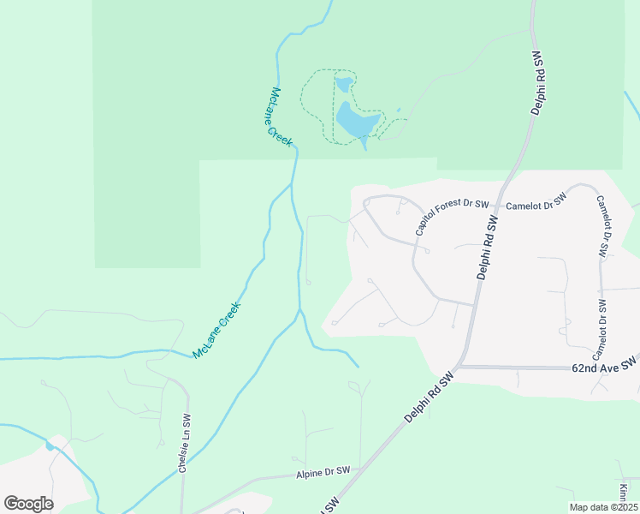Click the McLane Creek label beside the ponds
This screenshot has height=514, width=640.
tap(281, 115)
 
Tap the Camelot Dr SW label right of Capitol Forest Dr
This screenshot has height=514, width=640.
tap(536, 202)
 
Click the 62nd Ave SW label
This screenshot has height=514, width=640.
tap(604, 366)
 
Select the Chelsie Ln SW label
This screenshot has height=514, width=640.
tap(186, 439)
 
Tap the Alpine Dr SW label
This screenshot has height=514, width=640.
tap(323, 472)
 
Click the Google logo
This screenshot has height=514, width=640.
tap(28, 504)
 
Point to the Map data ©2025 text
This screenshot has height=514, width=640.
tap(603, 507)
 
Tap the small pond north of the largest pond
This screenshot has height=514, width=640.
tap(343, 84)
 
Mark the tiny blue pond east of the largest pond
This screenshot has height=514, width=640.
tap(398, 111)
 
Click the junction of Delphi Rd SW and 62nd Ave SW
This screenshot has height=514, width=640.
tap(462, 367)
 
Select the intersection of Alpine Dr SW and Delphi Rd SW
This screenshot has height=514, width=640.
tap(364, 469)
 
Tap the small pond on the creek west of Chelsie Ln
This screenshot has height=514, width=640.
tap(50, 445)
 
